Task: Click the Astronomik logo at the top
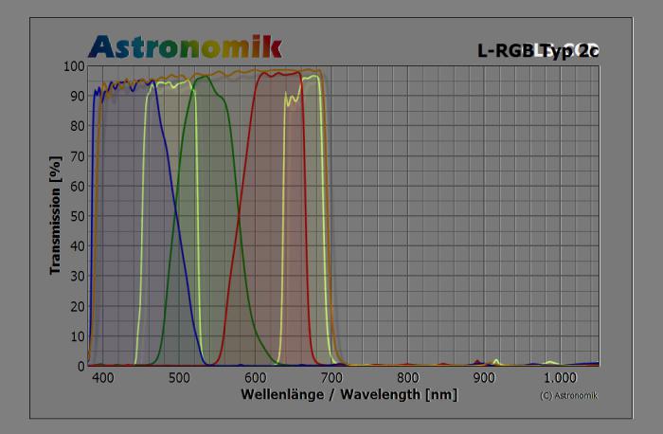[185, 45]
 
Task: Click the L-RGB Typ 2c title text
[538, 50]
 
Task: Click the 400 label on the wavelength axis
[103, 377]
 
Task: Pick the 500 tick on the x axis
[180, 377]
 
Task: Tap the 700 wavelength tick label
[332, 377]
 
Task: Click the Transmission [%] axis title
[56, 216]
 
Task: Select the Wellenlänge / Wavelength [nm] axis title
[349, 393]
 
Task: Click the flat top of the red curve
[280, 73]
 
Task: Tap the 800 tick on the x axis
[408, 377]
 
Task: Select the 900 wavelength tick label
[484, 377]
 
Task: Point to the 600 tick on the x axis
[256, 377]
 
